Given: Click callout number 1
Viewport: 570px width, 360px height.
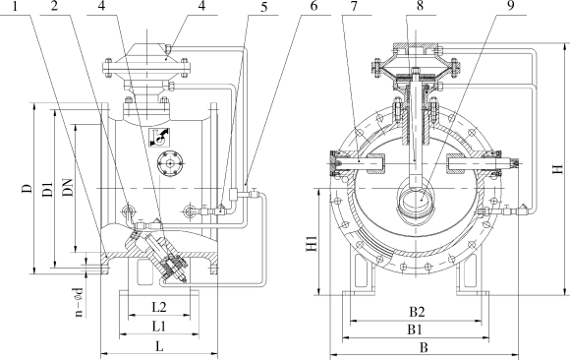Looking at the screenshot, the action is (16, 6).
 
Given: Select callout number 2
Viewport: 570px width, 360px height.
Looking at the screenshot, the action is (54, 6).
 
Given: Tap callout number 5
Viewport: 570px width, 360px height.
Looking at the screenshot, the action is (264, 7).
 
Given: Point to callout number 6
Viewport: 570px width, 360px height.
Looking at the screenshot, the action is (313, 6).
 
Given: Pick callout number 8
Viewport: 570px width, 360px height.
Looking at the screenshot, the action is (421, 6).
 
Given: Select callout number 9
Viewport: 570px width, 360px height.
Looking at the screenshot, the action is (511, 6).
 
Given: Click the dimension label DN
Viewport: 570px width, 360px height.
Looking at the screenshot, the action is (69, 187).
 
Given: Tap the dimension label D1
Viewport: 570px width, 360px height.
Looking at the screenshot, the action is (47, 189).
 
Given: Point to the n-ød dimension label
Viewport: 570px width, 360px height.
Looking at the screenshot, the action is (79, 302).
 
